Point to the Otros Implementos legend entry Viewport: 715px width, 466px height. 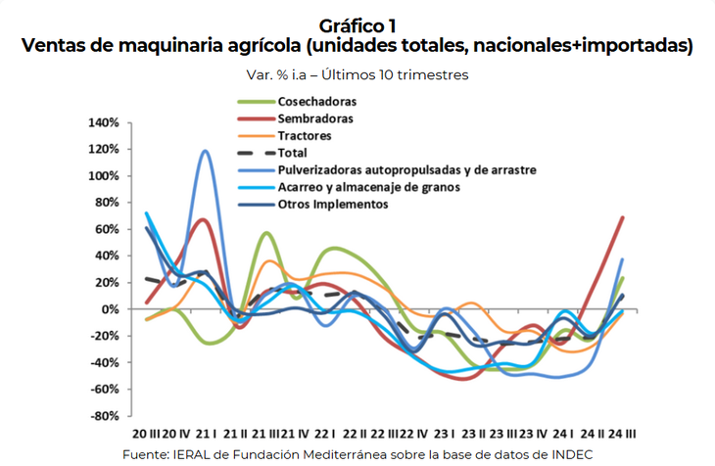pos(333,204)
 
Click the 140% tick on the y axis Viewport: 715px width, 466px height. pos(104,123)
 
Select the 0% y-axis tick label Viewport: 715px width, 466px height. pos(110,309)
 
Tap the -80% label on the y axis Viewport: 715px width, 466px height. pos(106,416)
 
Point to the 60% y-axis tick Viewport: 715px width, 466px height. pos(107,229)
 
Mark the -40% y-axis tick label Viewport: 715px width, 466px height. pos(106,362)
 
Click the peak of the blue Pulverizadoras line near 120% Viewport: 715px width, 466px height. pos(206,151)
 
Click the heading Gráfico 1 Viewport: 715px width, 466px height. pos(357,26)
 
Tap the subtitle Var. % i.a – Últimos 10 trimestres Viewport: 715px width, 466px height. pos(357,74)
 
